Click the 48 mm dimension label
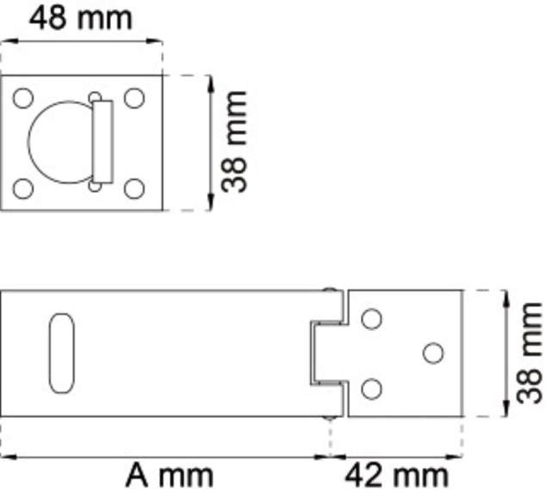coord(82,16)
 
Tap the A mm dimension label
coord(170,475)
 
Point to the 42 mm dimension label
coord(397,475)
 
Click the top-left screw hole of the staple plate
coord(24,97)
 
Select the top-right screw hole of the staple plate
coord(134,97)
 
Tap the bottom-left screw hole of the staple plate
coord(24,187)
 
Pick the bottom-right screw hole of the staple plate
coord(134,187)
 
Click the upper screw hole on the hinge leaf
coord(371,319)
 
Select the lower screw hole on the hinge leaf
coord(371,388)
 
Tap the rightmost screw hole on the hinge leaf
coord(433,352)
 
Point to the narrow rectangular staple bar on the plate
coord(102,141)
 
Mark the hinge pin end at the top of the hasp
coord(329,292)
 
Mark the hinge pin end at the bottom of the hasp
coord(329,417)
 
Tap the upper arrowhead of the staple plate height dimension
coord(209,80)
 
